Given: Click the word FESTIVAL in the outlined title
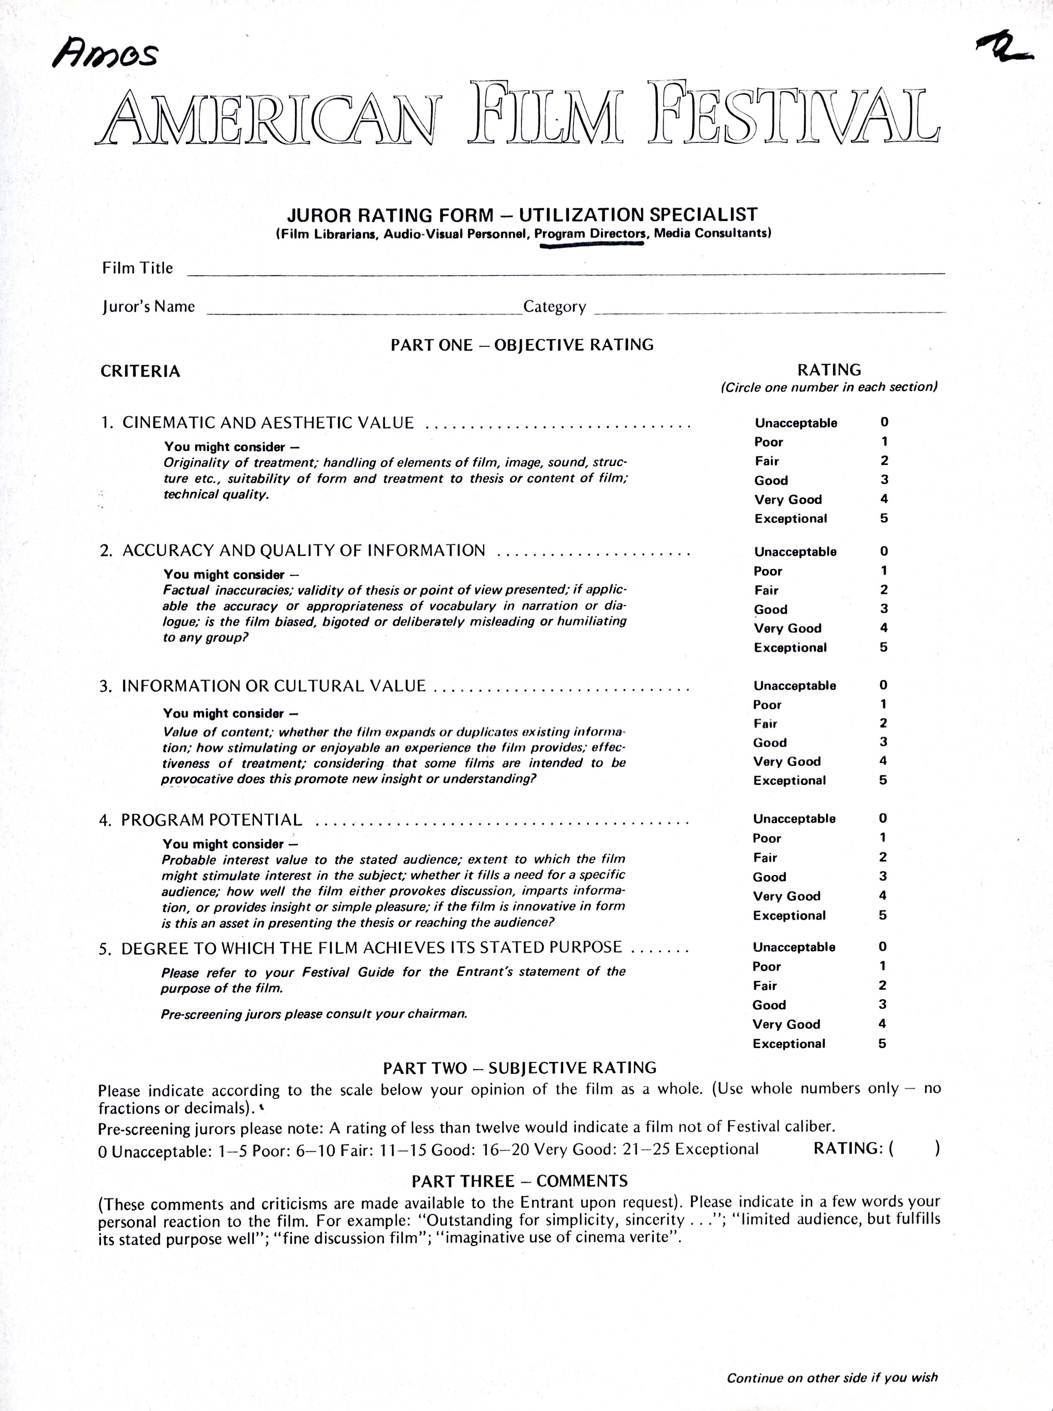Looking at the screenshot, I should (794, 113).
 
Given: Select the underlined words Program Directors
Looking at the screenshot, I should (590, 233).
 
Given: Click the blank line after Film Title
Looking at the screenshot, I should (565, 271).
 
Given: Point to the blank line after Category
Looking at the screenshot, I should (769, 310).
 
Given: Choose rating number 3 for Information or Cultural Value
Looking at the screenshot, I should (883, 742).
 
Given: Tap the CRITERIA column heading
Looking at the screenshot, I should (140, 371).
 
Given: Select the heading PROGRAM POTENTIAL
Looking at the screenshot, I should (212, 820).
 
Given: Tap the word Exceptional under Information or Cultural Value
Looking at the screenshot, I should (789, 780).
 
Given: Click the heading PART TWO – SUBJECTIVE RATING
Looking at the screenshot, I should (519, 1068).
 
